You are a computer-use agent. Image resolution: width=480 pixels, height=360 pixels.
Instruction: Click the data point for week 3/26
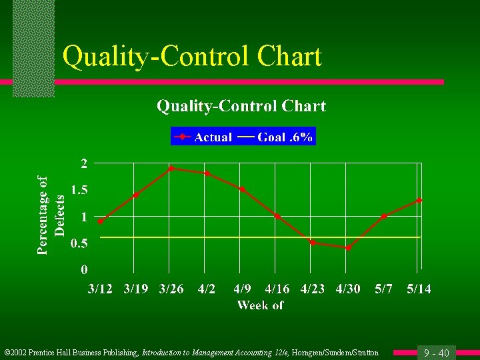click(x=171, y=168)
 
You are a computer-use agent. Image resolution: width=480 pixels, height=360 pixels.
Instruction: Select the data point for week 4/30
click(x=348, y=248)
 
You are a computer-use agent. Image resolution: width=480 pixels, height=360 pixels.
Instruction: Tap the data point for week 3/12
click(x=101, y=221)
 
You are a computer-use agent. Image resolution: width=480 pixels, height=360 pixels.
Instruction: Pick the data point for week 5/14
click(x=419, y=200)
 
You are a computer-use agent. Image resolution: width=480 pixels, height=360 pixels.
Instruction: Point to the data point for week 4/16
click(x=277, y=216)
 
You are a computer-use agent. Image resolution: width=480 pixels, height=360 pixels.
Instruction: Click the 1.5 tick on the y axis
click(x=79, y=190)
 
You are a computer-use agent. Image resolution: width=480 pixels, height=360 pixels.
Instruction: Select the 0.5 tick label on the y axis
click(x=79, y=243)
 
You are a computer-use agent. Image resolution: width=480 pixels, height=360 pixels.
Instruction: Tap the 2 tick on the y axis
click(x=84, y=163)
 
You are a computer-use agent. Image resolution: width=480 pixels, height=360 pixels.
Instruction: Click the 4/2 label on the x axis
click(x=207, y=289)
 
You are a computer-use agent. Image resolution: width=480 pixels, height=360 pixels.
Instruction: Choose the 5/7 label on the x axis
click(x=383, y=289)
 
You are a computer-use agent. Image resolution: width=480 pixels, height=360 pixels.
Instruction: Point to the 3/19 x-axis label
click(x=136, y=289)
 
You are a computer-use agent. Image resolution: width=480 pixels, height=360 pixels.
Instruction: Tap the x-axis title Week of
click(x=260, y=305)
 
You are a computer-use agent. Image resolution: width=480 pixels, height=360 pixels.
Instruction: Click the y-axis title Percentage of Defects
click(x=51, y=215)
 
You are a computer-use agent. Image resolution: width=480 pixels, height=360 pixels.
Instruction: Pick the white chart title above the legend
click(x=241, y=106)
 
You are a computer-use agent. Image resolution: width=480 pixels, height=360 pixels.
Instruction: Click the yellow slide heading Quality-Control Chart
click(x=192, y=57)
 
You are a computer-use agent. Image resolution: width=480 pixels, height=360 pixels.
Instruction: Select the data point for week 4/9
click(x=242, y=189)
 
